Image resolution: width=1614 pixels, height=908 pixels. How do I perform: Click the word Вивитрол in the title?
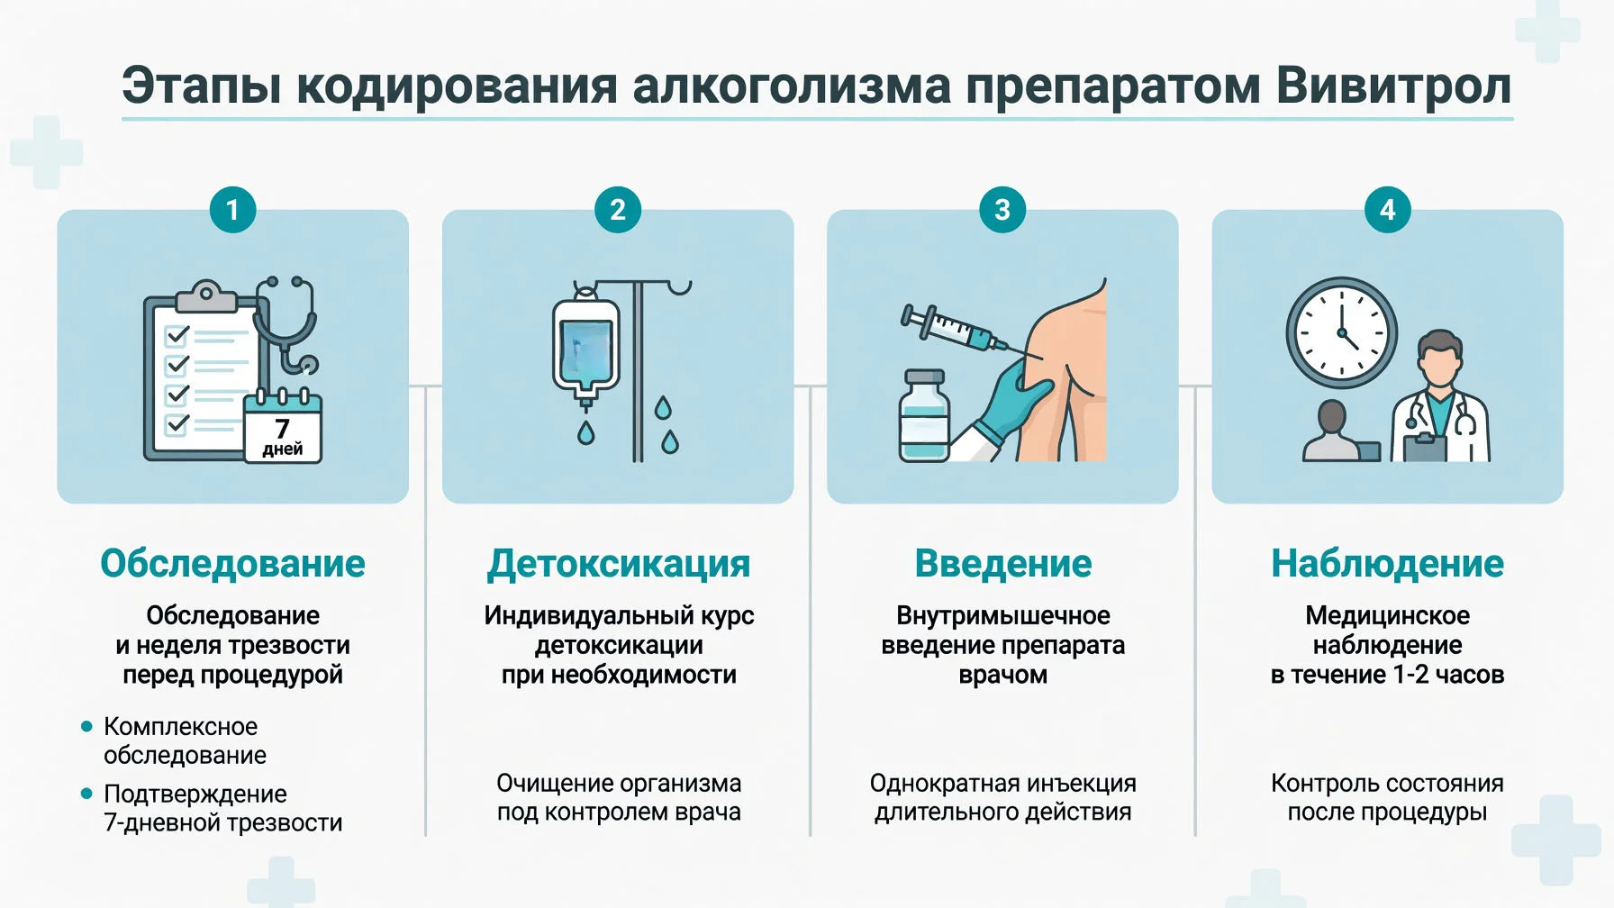pos(1393,86)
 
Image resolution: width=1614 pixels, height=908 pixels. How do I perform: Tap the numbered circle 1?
pos(232,210)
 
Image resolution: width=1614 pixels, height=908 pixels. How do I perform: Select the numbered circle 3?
pos(1002,210)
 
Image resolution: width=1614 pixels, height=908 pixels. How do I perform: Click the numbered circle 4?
pos(1388,210)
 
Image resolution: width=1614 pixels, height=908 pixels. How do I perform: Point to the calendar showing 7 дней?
pos(283,427)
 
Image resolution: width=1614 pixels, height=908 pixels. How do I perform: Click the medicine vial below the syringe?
pos(924,416)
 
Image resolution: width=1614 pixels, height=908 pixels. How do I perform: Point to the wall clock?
pos(1341,332)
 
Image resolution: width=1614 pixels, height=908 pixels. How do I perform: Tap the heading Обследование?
pos(232,564)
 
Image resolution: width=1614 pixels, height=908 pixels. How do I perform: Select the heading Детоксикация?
pos(619,564)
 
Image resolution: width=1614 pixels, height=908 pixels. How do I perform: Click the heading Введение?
pos(1003,564)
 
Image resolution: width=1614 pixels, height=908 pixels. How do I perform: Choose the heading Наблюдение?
pos(1388,564)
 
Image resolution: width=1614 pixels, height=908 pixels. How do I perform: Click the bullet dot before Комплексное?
pos(86,726)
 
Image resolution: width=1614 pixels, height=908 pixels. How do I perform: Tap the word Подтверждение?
pos(195,794)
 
